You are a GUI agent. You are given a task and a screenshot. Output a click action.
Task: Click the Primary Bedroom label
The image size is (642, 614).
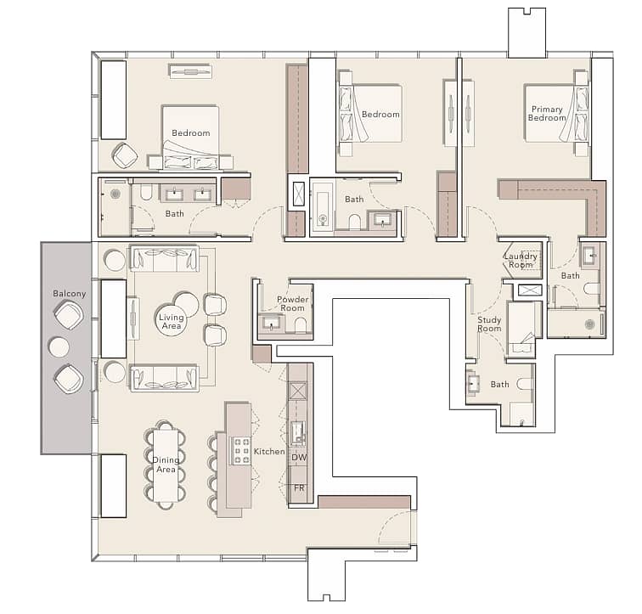coord(547,114)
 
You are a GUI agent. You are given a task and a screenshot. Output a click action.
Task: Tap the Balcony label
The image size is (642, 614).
coord(69,294)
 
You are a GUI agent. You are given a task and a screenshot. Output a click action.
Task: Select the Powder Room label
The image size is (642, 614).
coord(292,303)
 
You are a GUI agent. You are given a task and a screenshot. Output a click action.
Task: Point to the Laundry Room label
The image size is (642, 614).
coord(521,261)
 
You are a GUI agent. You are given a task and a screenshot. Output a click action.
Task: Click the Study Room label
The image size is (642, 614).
coord(489,324)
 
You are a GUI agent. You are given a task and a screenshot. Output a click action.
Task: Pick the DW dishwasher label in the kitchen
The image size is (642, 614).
coord(298,457)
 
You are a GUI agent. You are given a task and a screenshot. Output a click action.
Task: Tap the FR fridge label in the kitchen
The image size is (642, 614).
coord(299,488)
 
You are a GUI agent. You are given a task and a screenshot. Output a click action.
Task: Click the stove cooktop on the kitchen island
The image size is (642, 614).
coord(241,451)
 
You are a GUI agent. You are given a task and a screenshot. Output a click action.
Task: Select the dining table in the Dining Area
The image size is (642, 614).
coord(166,465)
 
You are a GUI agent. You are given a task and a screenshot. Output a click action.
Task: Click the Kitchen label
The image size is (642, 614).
coord(269,451)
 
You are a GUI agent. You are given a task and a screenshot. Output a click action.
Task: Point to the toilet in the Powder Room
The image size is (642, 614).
coord(300,325)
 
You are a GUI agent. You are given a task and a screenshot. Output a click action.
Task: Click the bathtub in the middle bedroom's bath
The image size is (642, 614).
coord(322,207)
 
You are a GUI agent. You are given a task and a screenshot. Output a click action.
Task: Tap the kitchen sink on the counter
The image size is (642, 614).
coord(298,433)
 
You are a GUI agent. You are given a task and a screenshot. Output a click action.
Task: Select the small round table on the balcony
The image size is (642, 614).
coord(59,347)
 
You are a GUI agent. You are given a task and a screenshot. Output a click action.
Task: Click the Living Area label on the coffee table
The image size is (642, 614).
coord(172,321)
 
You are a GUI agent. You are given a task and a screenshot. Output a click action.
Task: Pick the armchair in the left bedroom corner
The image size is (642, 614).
coord(125,155)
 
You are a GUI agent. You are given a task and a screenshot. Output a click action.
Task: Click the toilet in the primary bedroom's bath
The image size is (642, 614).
coord(591,289)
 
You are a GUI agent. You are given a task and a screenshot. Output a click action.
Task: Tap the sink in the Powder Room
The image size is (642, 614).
coord(270,323)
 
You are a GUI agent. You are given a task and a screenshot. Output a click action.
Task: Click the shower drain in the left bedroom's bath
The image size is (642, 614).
coord(115,194)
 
